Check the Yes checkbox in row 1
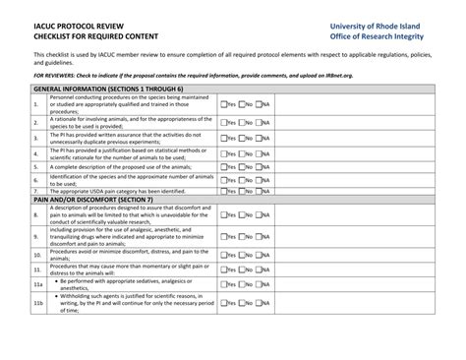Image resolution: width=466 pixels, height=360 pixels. click(x=223, y=103)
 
